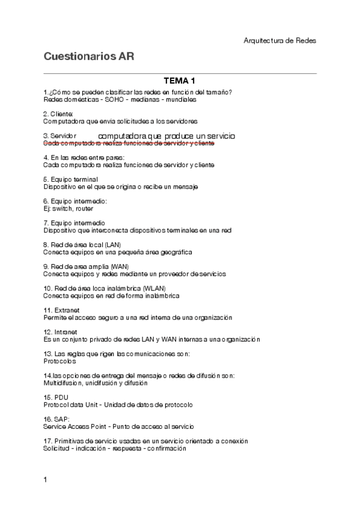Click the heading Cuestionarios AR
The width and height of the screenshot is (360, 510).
click(x=88, y=57)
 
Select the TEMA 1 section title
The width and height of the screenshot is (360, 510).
click(x=180, y=81)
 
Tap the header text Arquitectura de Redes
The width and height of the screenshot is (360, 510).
click(x=279, y=40)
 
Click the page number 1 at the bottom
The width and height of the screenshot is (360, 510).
click(x=46, y=479)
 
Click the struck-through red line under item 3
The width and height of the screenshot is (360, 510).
click(x=129, y=144)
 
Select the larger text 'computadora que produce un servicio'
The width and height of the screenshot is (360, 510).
click(x=166, y=136)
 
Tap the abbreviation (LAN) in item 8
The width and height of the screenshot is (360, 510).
click(x=112, y=245)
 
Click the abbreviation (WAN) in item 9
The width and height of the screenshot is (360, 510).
click(x=119, y=266)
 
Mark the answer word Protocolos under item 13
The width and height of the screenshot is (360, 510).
click(x=59, y=361)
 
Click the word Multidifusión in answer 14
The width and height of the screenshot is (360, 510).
click(x=62, y=383)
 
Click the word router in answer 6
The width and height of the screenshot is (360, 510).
click(x=85, y=209)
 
